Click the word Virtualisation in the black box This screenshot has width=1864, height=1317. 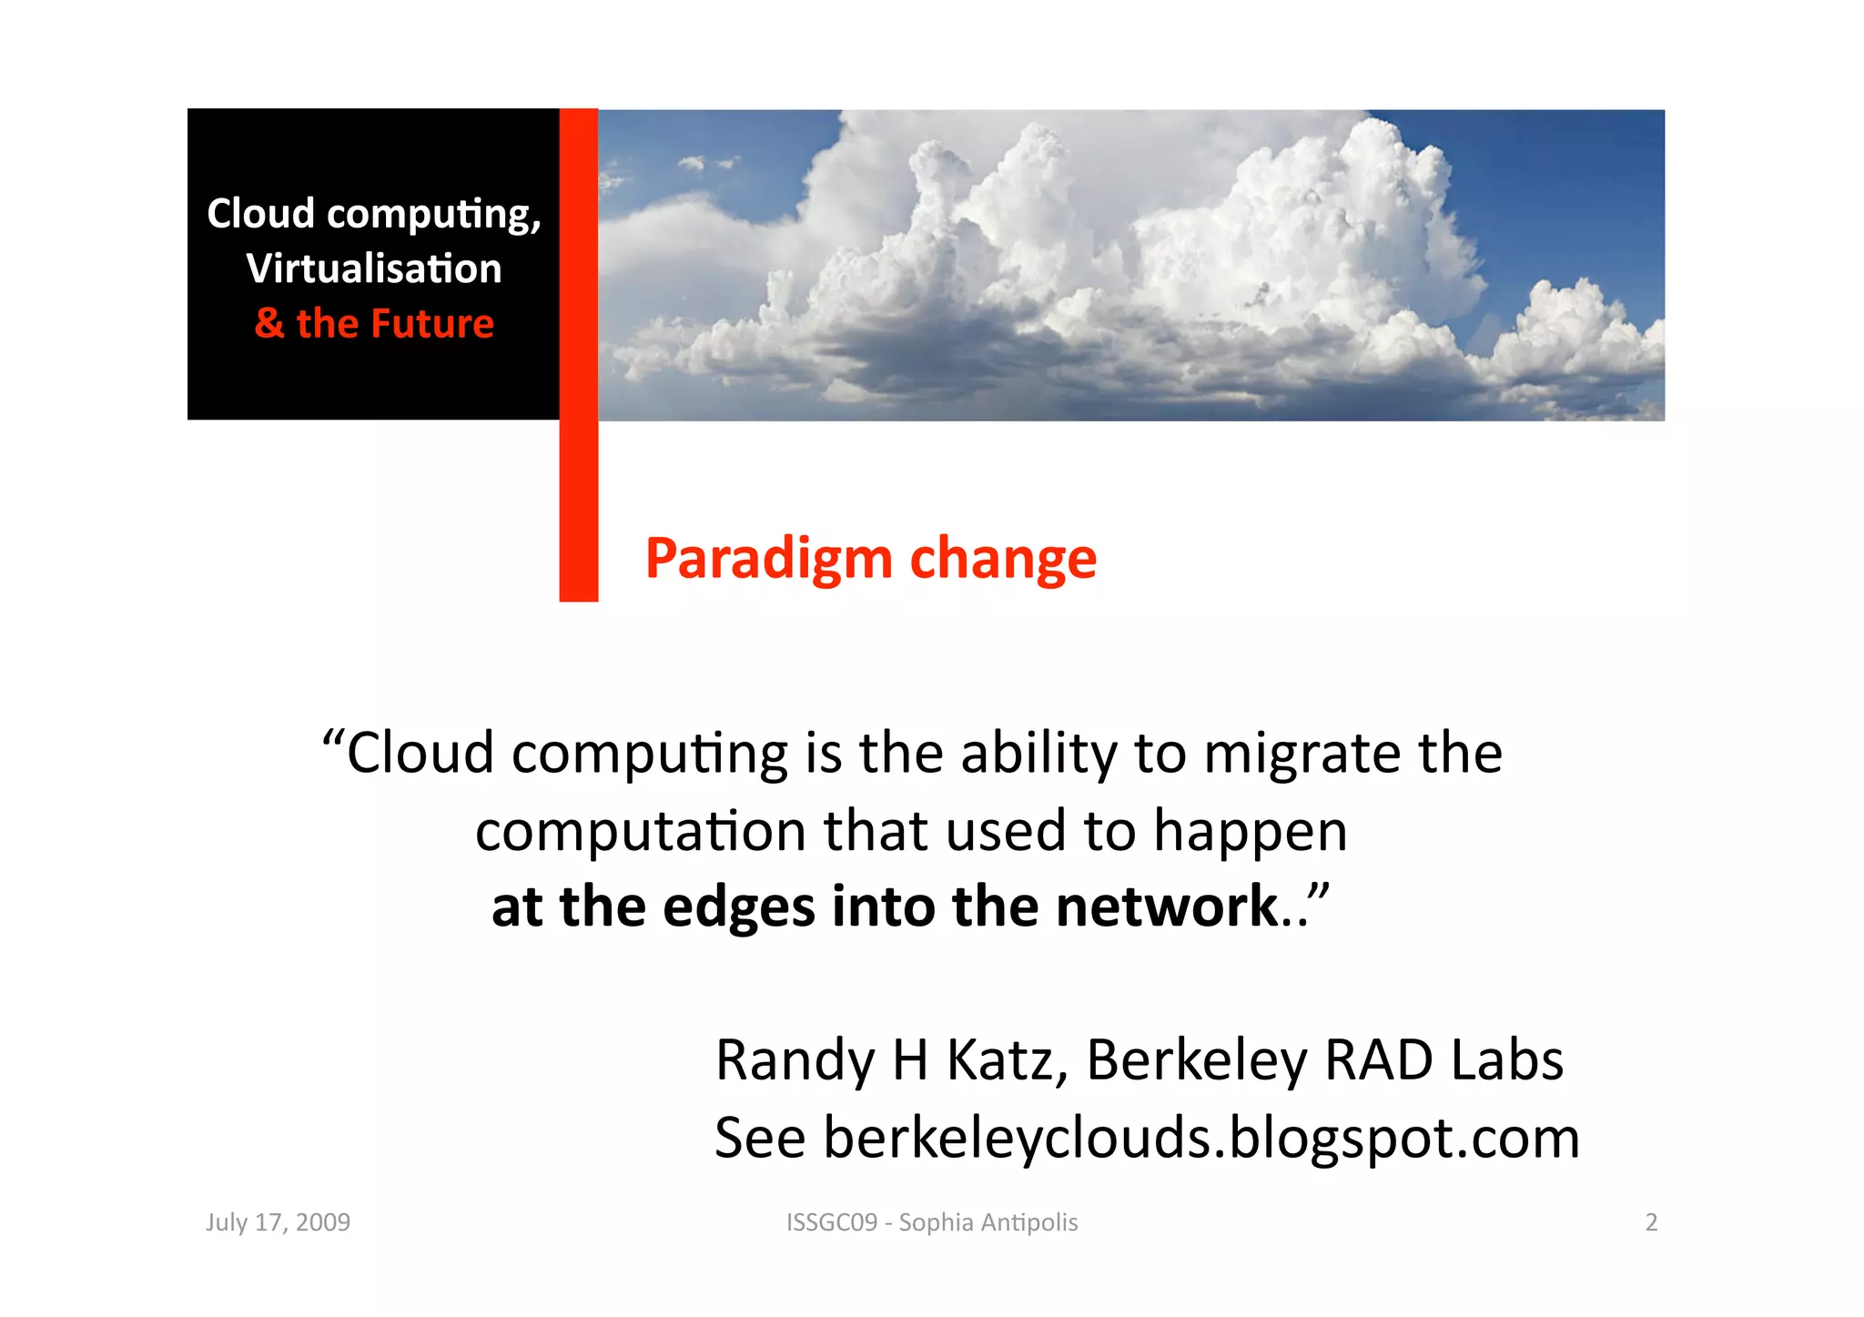[373, 268]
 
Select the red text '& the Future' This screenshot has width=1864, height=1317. [374, 324]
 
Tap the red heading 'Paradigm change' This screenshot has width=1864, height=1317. [870, 558]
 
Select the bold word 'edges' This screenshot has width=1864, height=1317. [738, 907]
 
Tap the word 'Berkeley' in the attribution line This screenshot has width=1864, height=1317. [1196, 1061]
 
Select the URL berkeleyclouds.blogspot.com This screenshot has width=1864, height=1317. [1200, 1139]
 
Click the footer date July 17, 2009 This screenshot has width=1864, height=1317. [278, 1222]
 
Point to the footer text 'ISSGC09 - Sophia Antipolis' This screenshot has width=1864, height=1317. [931, 1222]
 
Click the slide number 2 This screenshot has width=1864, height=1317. [1651, 1222]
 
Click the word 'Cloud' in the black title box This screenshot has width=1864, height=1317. [260, 214]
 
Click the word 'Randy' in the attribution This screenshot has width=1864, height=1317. [795, 1061]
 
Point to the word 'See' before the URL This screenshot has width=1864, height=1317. [760, 1139]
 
